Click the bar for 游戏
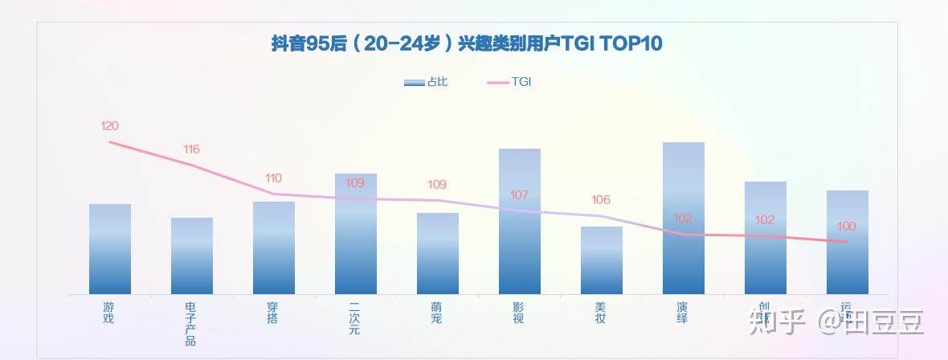point(110,249)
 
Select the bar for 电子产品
point(192,256)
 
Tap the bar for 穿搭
point(274,247)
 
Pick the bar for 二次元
point(356,234)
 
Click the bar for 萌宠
point(438,253)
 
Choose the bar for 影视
point(520,221)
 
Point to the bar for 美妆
point(602,260)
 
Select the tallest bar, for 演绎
point(684,218)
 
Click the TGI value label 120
point(109,126)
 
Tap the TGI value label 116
point(191,149)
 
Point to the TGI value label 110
point(273,178)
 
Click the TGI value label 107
point(519,195)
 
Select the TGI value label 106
point(601,200)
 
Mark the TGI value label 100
point(847,227)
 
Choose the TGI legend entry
point(510,82)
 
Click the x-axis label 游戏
point(109,313)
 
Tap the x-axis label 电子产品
point(191,324)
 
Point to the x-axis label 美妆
point(601,313)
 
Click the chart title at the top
point(467,43)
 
